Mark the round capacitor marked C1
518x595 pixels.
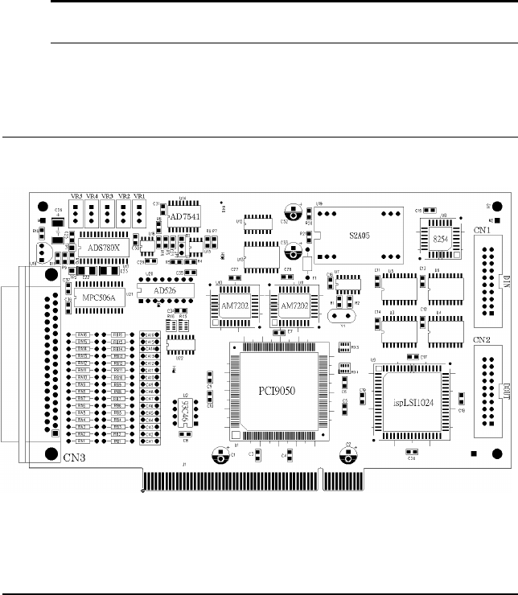[x=220, y=455]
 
